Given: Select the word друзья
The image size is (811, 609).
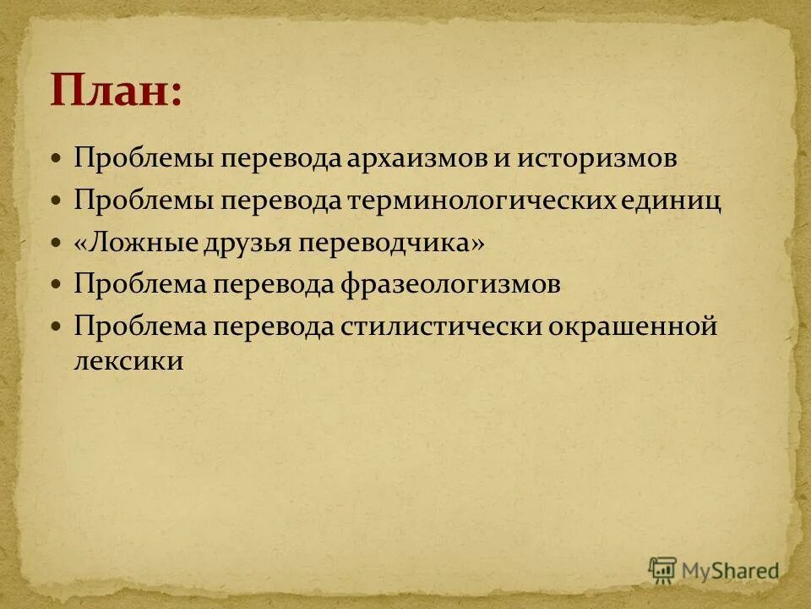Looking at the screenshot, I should tap(248, 243).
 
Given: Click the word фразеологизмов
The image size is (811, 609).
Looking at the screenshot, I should tap(450, 284).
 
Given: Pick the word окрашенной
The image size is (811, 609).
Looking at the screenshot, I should tap(634, 326).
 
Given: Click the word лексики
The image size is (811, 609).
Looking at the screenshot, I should tap(128, 361).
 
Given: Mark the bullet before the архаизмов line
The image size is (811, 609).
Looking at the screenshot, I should tap(57, 159).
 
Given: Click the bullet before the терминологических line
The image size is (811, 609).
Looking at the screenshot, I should tap(57, 201).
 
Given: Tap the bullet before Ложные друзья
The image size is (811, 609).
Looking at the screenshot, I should tap(57, 243).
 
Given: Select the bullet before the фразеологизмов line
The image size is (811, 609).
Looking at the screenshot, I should tap(57, 284).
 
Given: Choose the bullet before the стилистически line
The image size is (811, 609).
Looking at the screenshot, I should tap(57, 326).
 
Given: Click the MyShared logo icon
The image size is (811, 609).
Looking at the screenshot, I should tap(663, 569).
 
